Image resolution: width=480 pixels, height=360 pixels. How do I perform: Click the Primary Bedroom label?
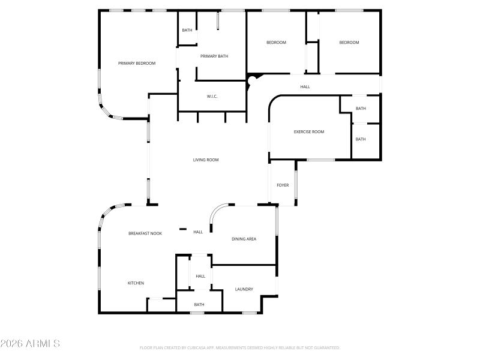coord(137,63)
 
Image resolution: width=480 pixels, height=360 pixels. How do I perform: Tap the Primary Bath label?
coord(214,56)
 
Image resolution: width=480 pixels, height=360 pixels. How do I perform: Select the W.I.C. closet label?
coord(212,96)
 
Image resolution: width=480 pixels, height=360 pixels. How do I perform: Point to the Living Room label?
coord(206,160)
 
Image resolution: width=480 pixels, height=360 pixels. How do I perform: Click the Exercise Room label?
coord(309,132)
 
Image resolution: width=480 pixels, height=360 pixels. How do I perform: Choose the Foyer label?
coord(283,185)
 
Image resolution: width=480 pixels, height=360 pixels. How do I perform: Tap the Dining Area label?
coord(244,239)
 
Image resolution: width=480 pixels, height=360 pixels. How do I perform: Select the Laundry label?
coord(244,289)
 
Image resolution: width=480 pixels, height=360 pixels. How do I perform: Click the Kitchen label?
coord(136,283)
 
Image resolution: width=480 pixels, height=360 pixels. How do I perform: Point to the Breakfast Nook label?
coord(145,233)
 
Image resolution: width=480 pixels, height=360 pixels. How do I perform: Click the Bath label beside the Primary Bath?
coord(187,30)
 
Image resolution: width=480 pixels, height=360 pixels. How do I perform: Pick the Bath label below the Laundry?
coord(199,305)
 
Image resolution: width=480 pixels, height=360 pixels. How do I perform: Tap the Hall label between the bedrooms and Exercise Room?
coord(305,87)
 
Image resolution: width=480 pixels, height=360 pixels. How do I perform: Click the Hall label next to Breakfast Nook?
coord(198,232)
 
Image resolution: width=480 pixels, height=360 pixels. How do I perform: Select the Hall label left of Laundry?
coord(200,276)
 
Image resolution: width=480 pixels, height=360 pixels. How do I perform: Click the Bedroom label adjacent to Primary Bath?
coord(277,43)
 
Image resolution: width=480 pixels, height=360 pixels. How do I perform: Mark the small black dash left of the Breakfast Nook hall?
coord(183,229)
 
